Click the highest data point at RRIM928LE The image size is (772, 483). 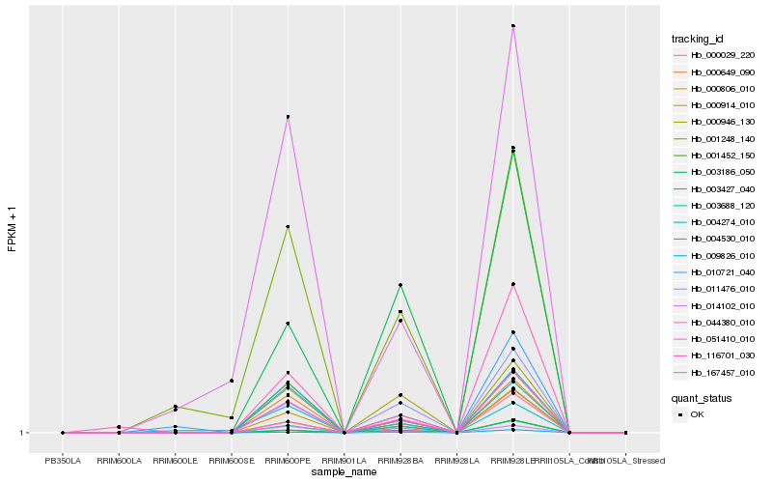513,26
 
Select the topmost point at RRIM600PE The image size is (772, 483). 288,117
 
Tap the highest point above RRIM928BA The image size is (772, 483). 400,285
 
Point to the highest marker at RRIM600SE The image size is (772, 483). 232,381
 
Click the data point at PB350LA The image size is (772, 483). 63,433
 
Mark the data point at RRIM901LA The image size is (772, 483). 345,433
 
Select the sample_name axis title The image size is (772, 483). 344,472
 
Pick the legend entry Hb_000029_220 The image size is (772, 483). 722,56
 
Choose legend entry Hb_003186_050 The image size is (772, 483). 722,171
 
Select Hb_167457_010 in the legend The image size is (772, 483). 722,372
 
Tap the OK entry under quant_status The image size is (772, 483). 697,414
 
